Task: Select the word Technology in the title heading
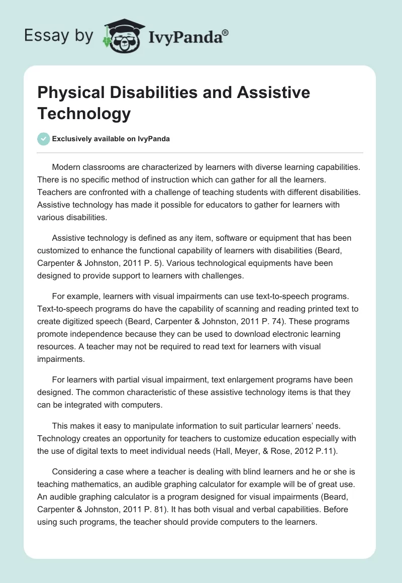pyautogui.click(x=84, y=114)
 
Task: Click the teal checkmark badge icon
pyautogui.click(x=44, y=139)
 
